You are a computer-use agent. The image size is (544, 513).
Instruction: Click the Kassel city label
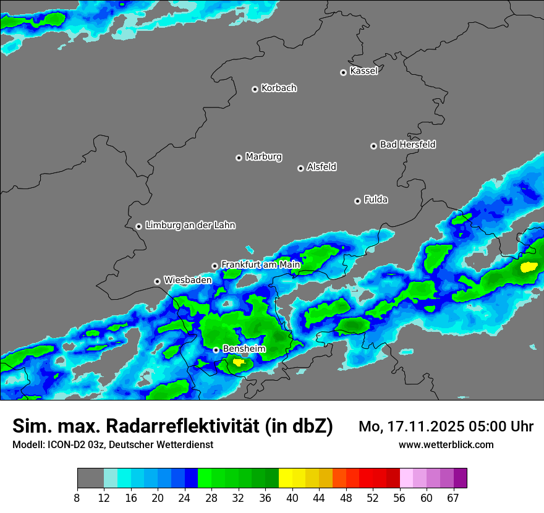[x=363, y=71]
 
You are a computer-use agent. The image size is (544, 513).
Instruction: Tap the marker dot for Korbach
[x=255, y=89]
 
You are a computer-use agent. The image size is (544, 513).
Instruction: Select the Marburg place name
[x=263, y=157]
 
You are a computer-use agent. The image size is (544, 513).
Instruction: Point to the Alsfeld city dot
[x=300, y=168]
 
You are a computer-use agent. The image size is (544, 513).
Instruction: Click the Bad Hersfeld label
[x=407, y=145]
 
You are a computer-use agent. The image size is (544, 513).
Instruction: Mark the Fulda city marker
[x=357, y=201]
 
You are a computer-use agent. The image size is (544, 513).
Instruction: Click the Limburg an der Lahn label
[x=190, y=226]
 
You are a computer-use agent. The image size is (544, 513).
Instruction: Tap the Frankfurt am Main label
[x=260, y=265]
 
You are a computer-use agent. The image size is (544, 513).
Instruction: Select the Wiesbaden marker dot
[x=157, y=281]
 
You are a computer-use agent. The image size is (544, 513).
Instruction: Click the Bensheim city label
[x=244, y=349]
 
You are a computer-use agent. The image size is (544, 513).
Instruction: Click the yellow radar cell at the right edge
[x=529, y=268]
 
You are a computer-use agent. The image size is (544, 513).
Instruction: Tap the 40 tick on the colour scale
[x=292, y=498]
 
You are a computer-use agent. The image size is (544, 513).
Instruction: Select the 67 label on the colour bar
[x=453, y=498]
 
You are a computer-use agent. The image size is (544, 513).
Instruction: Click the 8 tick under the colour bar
[x=77, y=498]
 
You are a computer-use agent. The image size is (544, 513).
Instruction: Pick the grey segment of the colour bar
[x=90, y=478]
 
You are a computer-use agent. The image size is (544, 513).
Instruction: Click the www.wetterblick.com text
[x=446, y=444]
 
